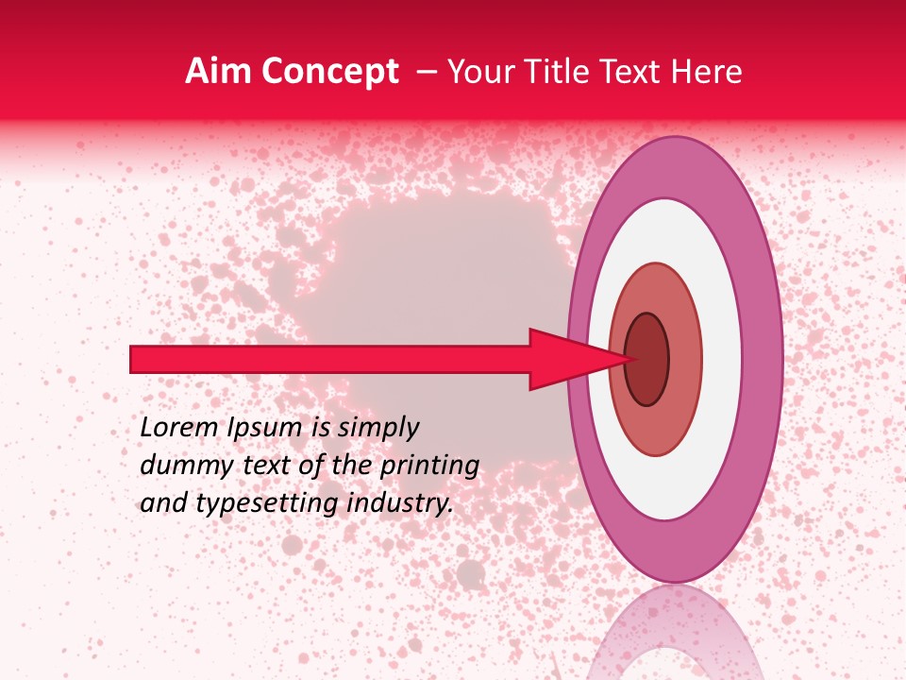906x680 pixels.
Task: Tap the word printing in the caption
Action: (x=428, y=465)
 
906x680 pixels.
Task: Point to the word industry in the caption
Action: (x=400, y=502)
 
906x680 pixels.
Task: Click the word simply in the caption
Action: (x=377, y=428)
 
